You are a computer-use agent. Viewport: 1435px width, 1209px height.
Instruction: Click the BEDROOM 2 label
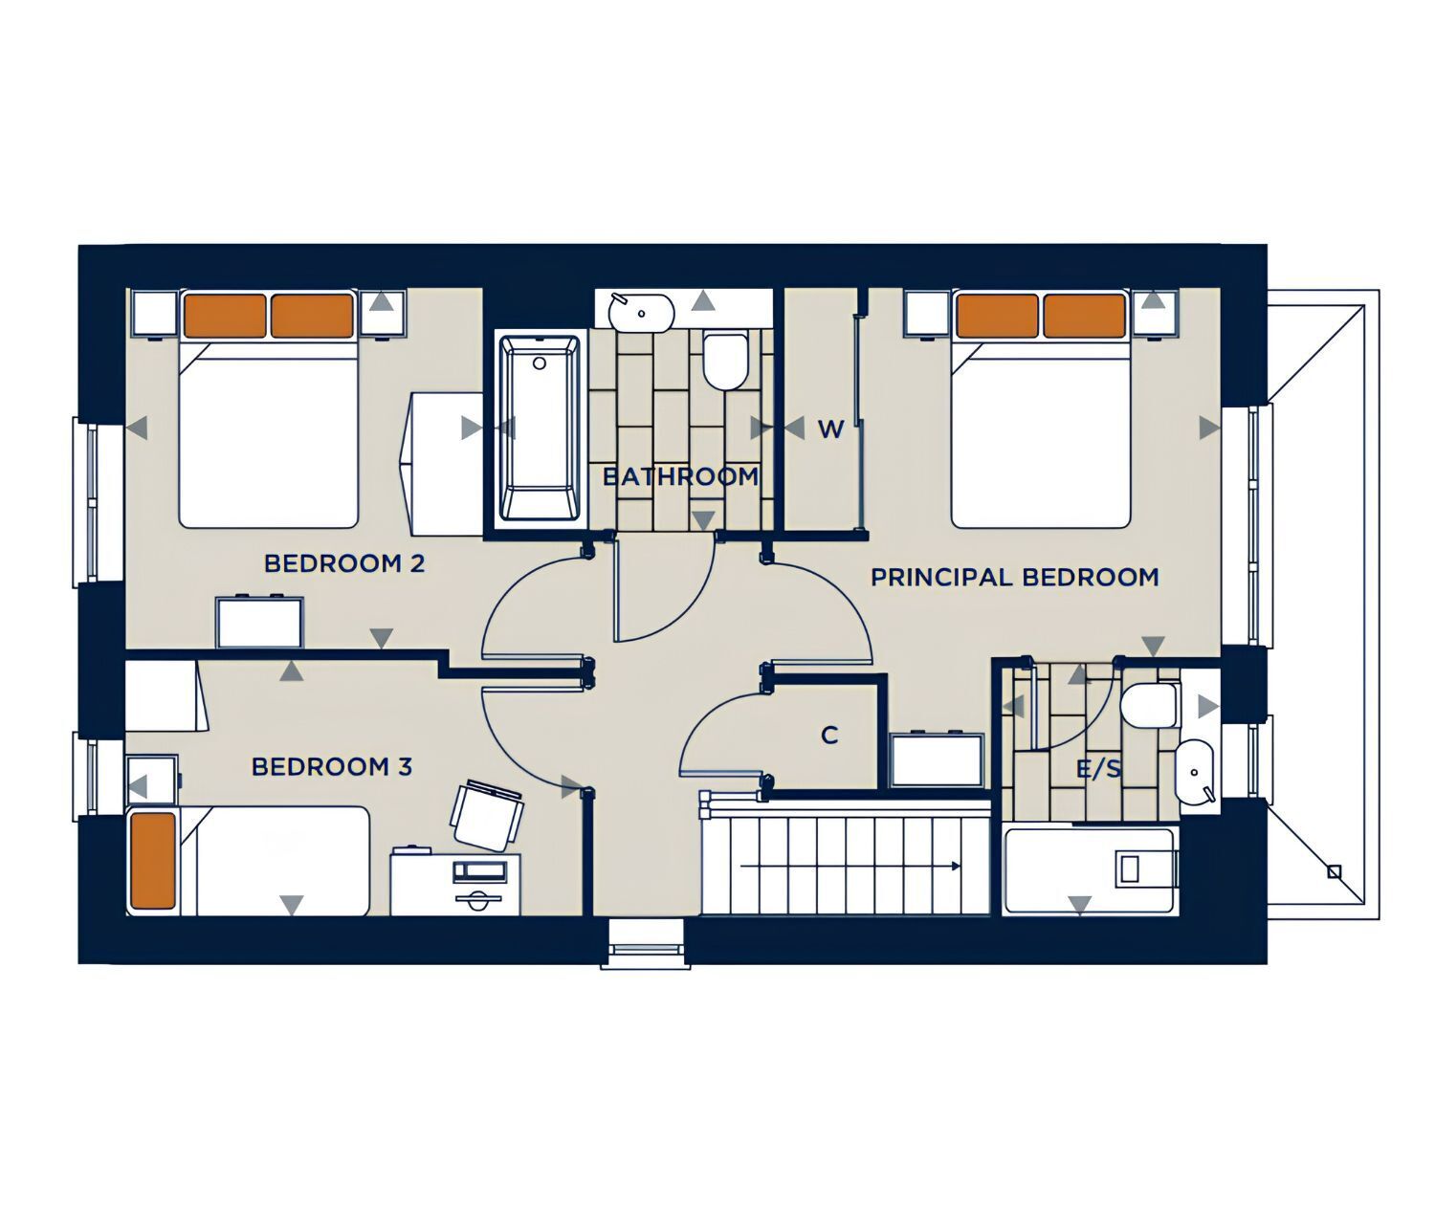(x=344, y=563)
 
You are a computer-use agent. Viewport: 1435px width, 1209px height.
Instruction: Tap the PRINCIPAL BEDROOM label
(x=1014, y=578)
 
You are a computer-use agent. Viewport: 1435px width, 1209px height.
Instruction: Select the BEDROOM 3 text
(x=331, y=766)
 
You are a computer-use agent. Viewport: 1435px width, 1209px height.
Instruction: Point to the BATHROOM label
(x=680, y=476)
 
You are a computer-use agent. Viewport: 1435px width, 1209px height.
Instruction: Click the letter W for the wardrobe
(x=831, y=429)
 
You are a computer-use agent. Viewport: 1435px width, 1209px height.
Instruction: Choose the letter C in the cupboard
(x=829, y=736)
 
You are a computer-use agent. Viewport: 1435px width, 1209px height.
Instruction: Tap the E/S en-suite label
(x=1098, y=769)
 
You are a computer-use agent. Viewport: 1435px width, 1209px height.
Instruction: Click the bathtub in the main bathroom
(x=540, y=428)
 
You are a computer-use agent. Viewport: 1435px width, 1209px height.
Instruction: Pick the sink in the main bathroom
(x=641, y=312)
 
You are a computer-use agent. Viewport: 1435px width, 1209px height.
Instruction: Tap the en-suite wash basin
(x=1195, y=771)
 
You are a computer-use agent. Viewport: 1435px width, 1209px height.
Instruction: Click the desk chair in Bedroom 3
(x=487, y=816)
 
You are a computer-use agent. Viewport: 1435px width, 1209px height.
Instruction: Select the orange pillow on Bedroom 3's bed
(x=153, y=861)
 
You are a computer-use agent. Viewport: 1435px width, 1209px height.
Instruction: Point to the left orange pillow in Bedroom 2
(x=226, y=316)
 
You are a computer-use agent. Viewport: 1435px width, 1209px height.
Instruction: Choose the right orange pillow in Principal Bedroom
(x=1085, y=316)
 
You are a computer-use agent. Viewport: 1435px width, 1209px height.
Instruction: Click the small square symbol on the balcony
(x=1334, y=872)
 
